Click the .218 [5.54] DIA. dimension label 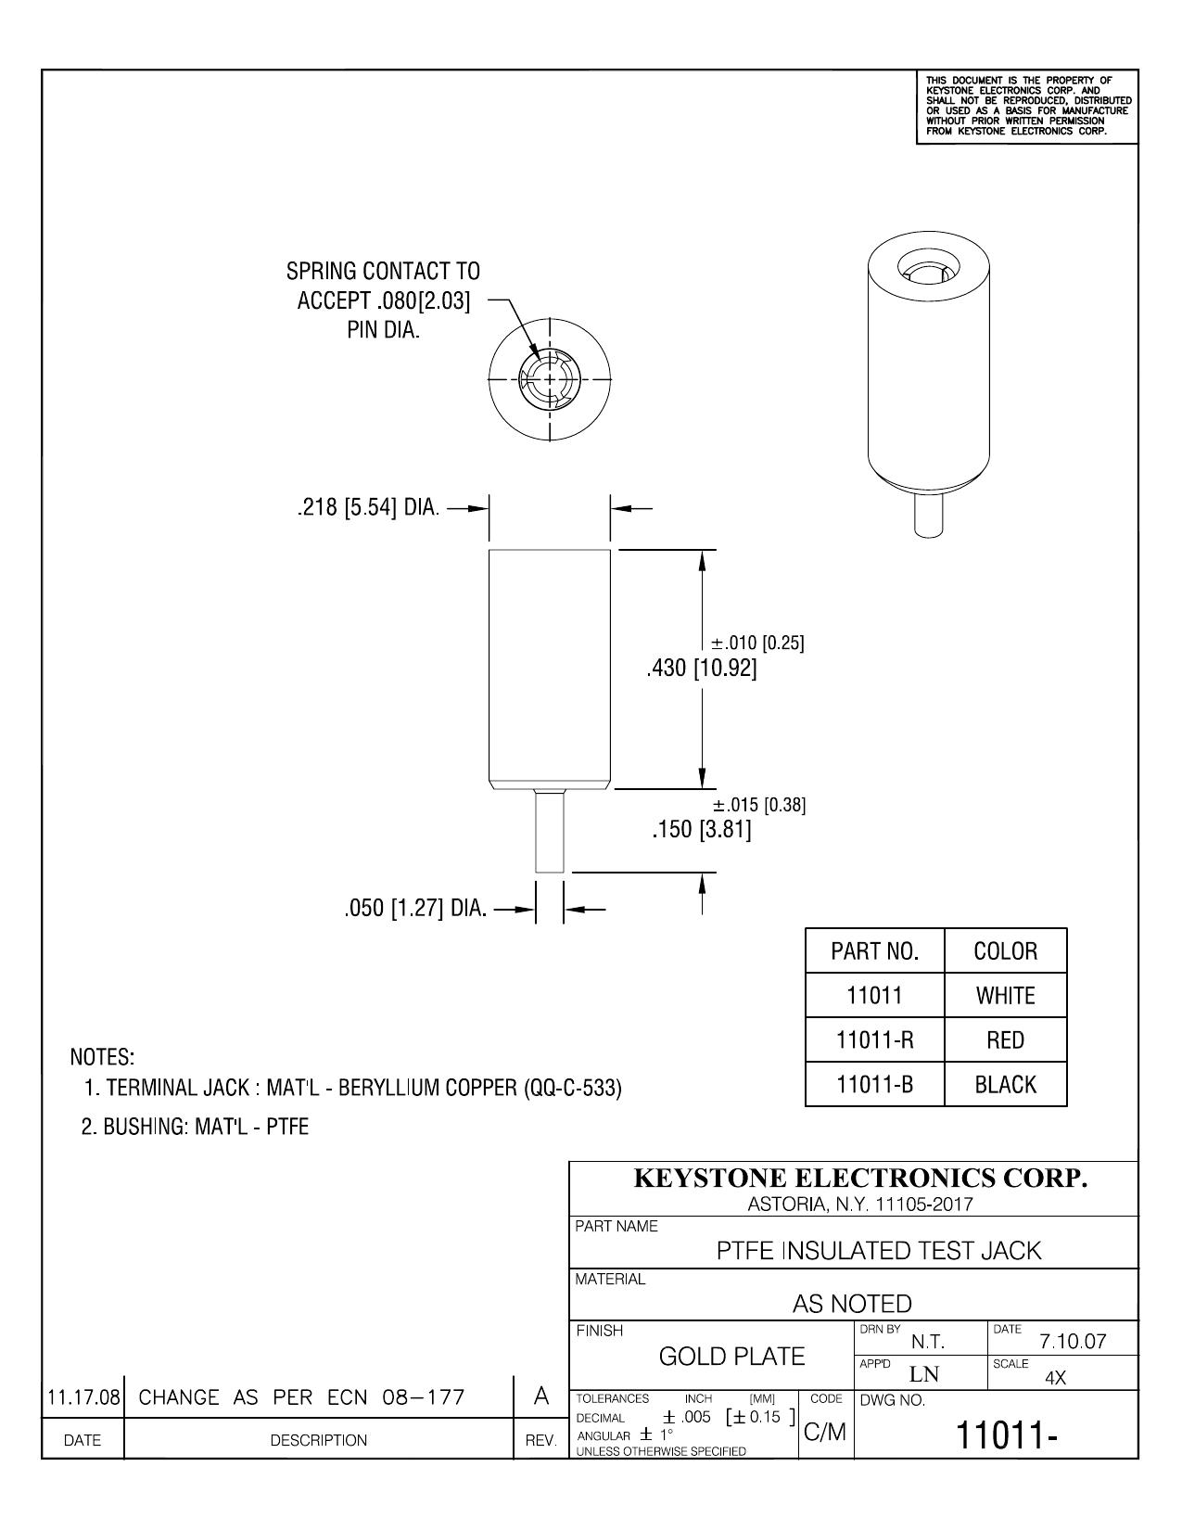[368, 507]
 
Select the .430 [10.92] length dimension [701, 668]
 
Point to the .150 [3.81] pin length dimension [701, 829]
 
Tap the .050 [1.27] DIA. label [415, 909]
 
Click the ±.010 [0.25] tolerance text [756, 642]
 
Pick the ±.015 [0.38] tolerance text [759, 805]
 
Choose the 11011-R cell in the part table [874, 1040]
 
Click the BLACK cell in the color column [1005, 1084]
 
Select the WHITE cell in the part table [1005, 996]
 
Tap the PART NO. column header [874, 951]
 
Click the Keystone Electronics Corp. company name [860, 1178]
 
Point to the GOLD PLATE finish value [731, 1356]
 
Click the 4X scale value [1055, 1378]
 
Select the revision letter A [540, 1396]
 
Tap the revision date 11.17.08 [83, 1396]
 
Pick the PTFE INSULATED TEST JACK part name [879, 1251]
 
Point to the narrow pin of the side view [549, 831]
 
